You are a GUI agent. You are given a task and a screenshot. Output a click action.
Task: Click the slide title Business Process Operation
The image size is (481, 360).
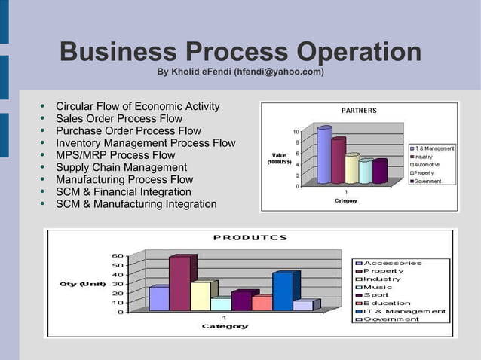tap(240, 53)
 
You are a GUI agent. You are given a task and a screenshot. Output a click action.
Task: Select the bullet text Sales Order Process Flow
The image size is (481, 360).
tap(119, 118)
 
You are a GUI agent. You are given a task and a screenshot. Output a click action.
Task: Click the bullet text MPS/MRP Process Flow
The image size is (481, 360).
tap(115, 155)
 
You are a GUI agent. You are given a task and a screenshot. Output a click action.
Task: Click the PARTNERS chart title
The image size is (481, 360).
tap(359, 111)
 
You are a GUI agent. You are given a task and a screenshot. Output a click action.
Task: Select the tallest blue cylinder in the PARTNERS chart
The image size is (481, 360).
tap(324, 155)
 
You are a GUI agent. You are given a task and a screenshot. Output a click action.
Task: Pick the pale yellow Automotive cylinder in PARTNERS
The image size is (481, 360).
tap(352, 169)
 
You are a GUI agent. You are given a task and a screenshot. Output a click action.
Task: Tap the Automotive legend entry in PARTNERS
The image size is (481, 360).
tap(431, 165)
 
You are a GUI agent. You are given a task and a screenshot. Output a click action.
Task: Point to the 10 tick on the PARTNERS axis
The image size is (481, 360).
tap(296, 132)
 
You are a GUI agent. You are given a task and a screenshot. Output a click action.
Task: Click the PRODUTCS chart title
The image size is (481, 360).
tap(250, 237)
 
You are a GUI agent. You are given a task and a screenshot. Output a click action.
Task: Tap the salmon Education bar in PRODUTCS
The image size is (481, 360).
tap(262, 303)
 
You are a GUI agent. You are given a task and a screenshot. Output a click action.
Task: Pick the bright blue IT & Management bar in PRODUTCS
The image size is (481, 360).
tap(283, 291)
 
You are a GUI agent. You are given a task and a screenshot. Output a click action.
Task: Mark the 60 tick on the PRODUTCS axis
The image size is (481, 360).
tap(118, 256)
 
